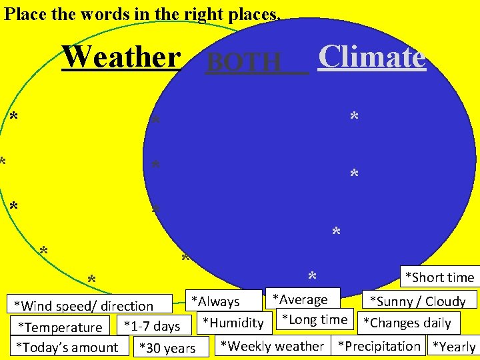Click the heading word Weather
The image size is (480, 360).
pyautogui.click(x=121, y=57)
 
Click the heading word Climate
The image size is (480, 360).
pyautogui.click(x=371, y=57)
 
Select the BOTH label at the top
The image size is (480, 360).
pyautogui.click(x=245, y=63)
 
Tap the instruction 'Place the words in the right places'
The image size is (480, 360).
pyautogui.click(x=142, y=13)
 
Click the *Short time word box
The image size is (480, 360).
pyautogui.click(x=439, y=277)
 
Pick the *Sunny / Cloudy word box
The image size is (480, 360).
pyautogui.click(x=417, y=301)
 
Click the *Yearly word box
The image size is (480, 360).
pyautogui.click(x=453, y=346)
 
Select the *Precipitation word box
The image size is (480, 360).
pyautogui.click(x=379, y=345)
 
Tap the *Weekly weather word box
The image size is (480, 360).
pyautogui.click(x=271, y=345)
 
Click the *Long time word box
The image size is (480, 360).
pyautogui.click(x=313, y=319)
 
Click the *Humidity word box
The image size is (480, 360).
pyautogui.click(x=233, y=323)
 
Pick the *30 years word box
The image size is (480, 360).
pyautogui.click(x=167, y=347)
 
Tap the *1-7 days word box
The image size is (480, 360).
pyautogui.click(x=152, y=325)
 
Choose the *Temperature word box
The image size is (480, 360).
pyautogui.click(x=60, y=327)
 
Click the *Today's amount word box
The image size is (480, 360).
pyautogui.click(x=67, y=347)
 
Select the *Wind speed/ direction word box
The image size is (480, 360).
pyautogui.click(x=84, y=306)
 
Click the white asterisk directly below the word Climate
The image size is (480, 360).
pyautogui.click(x=354, y=118)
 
